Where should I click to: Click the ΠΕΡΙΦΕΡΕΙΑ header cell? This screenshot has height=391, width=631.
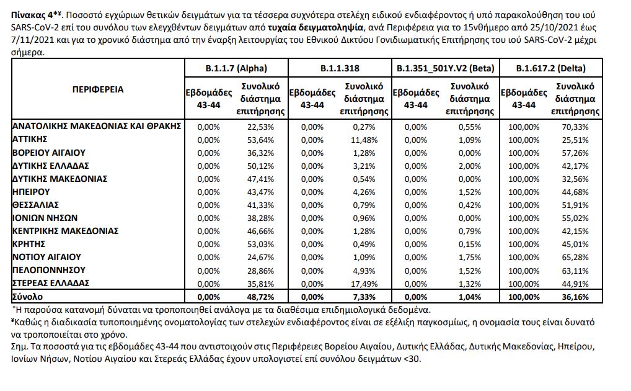pos(98,89)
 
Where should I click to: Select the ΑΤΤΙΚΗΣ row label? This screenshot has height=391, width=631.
pos(30,139)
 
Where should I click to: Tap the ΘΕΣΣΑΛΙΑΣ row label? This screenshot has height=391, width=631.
pos(37,204)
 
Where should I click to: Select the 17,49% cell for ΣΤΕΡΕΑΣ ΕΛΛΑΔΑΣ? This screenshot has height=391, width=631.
pos(363,282)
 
